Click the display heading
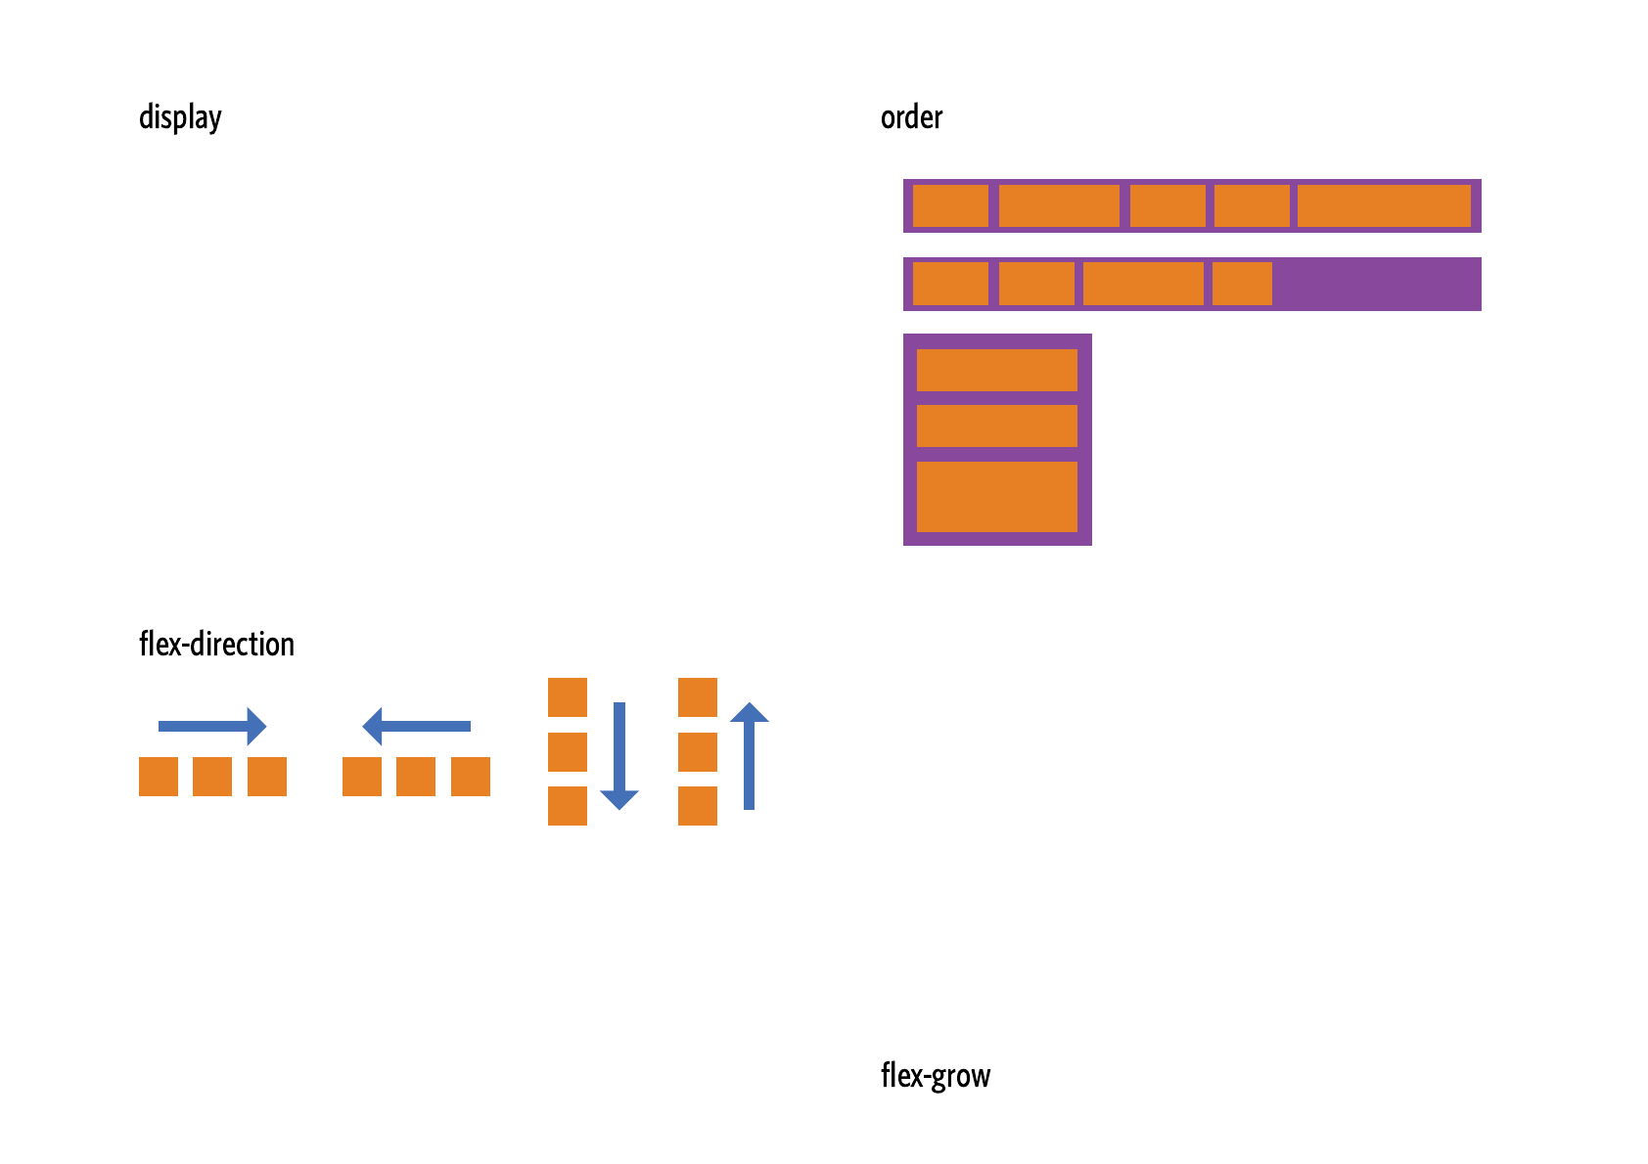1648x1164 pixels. coord(180,117)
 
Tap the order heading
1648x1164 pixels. coord(911,117)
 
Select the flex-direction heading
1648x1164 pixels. coord(216,644)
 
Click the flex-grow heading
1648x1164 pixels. coord(936,1075)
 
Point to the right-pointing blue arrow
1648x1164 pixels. coord(212,726)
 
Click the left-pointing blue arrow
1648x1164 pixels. coord(416,726)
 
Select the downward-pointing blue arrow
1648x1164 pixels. coord(619,755)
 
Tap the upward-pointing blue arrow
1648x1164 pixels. coord(749,755)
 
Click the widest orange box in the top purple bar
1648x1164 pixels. coord(1384,205)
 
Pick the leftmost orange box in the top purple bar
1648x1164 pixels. coord(950,205)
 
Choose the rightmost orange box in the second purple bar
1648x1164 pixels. coord(1242,284)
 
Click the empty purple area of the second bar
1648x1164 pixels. coord(1375,284)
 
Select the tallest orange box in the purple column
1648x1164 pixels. coord(996,497)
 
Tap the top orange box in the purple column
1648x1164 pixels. coord(996,370)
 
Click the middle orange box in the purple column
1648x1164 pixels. coord(996,425)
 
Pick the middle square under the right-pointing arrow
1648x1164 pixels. coord(212,777)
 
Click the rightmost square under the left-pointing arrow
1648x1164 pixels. coord(471,777)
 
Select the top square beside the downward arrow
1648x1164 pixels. coord(568,697)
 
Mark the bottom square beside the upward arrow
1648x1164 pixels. coord(698,806)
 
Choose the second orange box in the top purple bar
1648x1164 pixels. coord(1059,205)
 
